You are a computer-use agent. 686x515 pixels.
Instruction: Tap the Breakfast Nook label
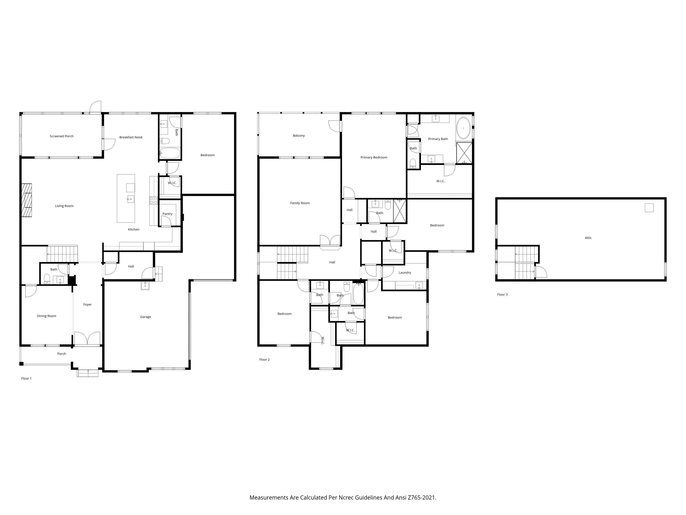pyautogui.click(x=131, y=137)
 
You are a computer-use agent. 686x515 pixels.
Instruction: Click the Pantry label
pyautogui.click(x=167, y=214)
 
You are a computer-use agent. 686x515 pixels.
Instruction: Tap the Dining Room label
pyautogui.click(x=46, y=316)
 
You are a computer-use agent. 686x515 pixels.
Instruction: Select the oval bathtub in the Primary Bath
pyautogui.click(x=463, y=128)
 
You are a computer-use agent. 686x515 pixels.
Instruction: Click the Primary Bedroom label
pyautogui.click(x=374, y=157)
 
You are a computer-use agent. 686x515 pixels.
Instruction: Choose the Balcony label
pyautogui.click(x=299, y=136)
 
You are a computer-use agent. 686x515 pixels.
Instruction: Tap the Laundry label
pyautogui.click(x=405, y=273)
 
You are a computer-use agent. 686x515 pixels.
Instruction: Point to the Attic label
pyautogui.click(x=588, y=238)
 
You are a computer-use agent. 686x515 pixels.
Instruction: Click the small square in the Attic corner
pyautogui.click(x=649, y=208)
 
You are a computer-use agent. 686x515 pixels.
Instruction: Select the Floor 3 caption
pyautogui.click(x=502, y=295)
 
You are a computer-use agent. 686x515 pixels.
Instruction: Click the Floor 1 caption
pyautogui.click(x=26, y=378)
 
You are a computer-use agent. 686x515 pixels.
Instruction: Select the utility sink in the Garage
pyautogui.click(x=145, y=286)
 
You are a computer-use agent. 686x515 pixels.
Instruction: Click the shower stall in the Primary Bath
pyautogui.click(x=464, y=153)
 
